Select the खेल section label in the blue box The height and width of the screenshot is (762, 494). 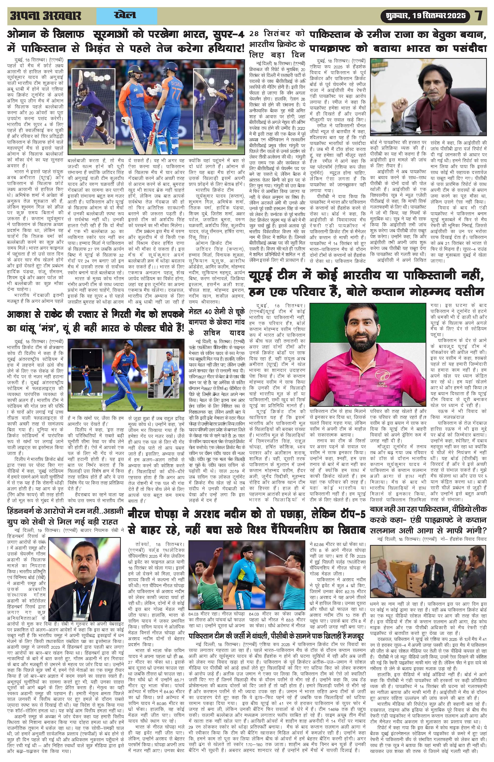(x=125, y=15)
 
